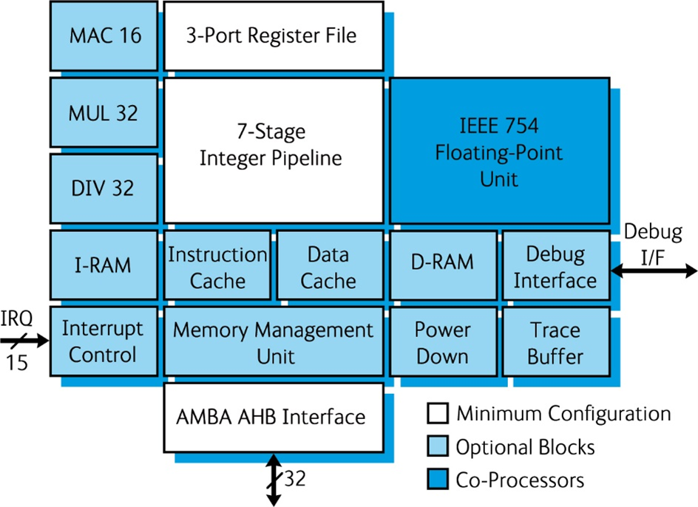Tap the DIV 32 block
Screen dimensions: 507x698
coord(104,188)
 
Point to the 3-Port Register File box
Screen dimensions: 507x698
coord(273,35)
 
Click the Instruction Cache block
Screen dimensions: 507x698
coord(217,267)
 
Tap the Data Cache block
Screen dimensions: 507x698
coord(328,267)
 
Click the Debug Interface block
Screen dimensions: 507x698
coord(555,267)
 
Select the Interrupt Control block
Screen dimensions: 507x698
coord(104,341)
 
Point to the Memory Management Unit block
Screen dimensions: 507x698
coord(273,341)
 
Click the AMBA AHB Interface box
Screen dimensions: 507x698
coord(273,417)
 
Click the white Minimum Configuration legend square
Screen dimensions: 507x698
coord(438,414)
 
